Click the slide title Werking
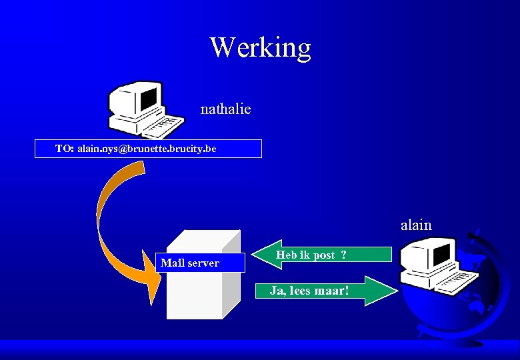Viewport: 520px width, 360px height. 260,47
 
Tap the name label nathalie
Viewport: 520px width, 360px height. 225,109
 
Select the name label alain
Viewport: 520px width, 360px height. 416,225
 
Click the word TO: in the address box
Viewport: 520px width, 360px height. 65,148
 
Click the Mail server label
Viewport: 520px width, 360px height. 190,263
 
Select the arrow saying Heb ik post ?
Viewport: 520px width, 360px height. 320,255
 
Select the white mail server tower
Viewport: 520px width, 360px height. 200,293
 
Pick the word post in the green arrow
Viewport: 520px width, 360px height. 323,255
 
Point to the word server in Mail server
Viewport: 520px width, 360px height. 203,263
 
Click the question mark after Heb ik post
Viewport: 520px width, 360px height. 343,255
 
